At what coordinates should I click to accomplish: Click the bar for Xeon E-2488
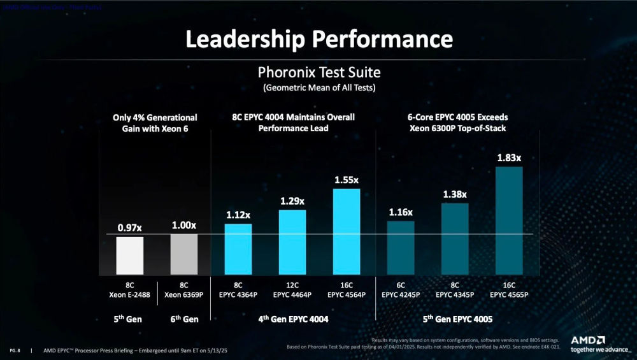129,255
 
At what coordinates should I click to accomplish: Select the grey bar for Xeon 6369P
184,254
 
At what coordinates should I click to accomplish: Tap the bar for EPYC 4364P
238,248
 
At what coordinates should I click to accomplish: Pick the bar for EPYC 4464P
292,241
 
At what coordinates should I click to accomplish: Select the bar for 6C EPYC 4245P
401,247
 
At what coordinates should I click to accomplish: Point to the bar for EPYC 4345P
455,238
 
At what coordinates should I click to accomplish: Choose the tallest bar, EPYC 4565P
509,219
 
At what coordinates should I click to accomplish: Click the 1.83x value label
509,157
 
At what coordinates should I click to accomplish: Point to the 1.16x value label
401,212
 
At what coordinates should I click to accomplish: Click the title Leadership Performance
318,39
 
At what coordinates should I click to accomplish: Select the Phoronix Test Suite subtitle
319,71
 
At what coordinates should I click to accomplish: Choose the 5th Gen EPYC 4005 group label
455,319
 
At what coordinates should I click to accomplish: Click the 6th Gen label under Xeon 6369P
184,319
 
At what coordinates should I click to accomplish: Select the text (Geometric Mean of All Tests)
319,87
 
